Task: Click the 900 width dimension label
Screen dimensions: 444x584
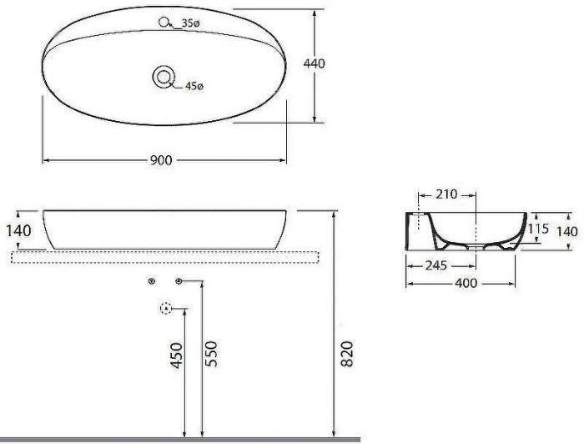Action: [x=163, y=160]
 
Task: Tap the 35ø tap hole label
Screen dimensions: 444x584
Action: [x=191, y=24]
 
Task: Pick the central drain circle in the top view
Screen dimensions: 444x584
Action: [x=164, y=77]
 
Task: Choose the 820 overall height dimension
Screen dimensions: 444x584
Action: [x=349, y=355]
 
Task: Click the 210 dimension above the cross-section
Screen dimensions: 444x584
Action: [x=448, y=194]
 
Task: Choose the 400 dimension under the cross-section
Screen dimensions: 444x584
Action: [x=466, y=284]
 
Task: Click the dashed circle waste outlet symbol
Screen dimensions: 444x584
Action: [x=165, y=309]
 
